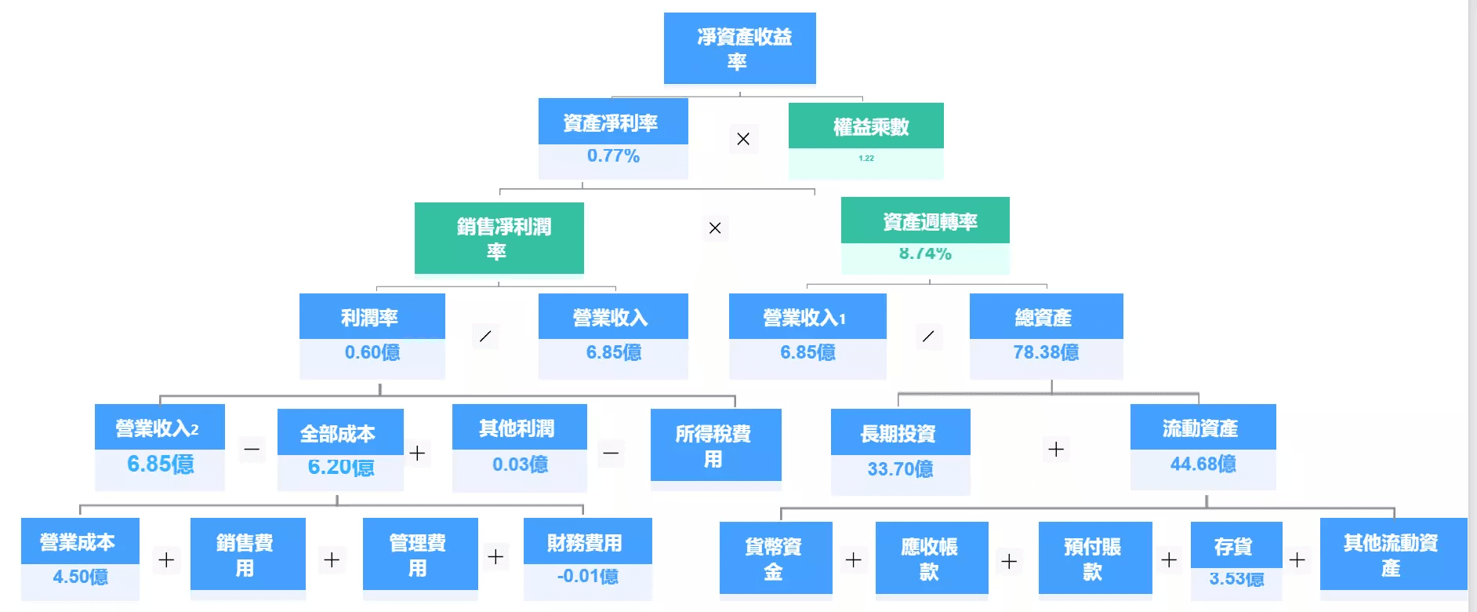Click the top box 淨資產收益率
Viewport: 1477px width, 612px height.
739,48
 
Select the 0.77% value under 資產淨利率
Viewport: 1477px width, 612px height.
613,156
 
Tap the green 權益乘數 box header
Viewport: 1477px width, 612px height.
866,126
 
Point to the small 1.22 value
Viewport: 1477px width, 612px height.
866,158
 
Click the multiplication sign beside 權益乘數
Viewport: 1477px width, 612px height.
743,139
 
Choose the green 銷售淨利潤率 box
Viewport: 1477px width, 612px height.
499,238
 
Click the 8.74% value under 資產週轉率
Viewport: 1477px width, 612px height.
925,253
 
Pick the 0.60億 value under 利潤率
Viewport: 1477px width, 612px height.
372,352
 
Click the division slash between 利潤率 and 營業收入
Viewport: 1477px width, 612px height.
485,337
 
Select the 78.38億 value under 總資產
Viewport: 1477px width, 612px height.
1046,352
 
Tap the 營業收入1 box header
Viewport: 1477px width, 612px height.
807,317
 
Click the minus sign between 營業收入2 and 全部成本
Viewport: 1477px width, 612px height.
252,450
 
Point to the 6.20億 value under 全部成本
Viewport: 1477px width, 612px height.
340,468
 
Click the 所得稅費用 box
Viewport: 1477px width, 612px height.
715,445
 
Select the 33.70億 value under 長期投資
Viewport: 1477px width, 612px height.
900,469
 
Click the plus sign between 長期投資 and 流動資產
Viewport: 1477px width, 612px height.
1056,450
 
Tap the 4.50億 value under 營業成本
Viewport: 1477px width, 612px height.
80,577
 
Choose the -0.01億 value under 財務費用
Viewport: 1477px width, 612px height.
587,577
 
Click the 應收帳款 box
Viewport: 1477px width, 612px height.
931,558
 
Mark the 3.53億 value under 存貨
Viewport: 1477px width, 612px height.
1236,579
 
